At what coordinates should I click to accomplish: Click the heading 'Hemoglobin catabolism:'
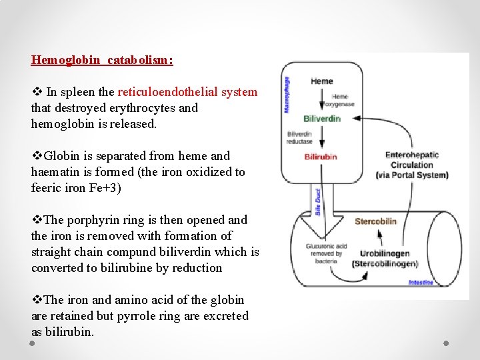pos(102,60)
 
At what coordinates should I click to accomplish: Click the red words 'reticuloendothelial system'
pos(187,92)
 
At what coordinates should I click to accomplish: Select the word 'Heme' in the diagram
pos(321,81)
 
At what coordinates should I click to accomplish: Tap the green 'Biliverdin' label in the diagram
pos(322,119)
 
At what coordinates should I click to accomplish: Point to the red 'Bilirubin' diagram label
pos(321,157)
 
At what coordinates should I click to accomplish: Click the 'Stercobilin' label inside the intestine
pos(375,221)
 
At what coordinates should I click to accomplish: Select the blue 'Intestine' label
pos(421,283)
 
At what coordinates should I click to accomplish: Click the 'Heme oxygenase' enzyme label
pos(339,101)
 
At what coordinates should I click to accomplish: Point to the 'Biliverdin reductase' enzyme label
pos(299,137)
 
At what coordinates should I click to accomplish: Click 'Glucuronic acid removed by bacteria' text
pos(325,253)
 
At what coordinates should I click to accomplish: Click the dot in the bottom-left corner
pos(33,343)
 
